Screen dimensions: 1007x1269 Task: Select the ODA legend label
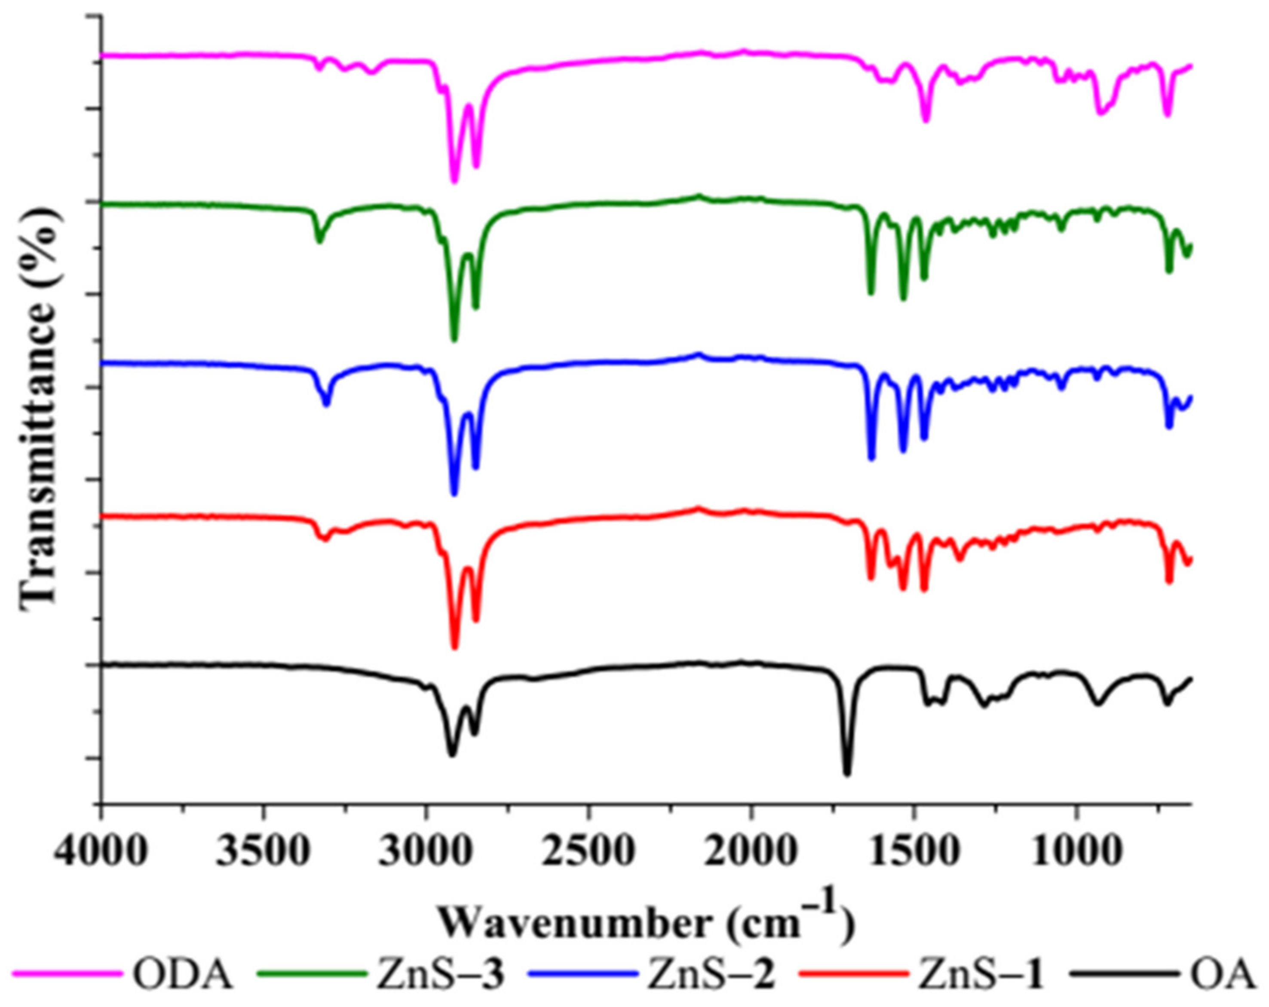183,976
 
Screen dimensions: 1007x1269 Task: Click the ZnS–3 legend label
440,976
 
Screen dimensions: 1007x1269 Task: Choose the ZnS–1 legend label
982,976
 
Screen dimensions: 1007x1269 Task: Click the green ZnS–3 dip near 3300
319,241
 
